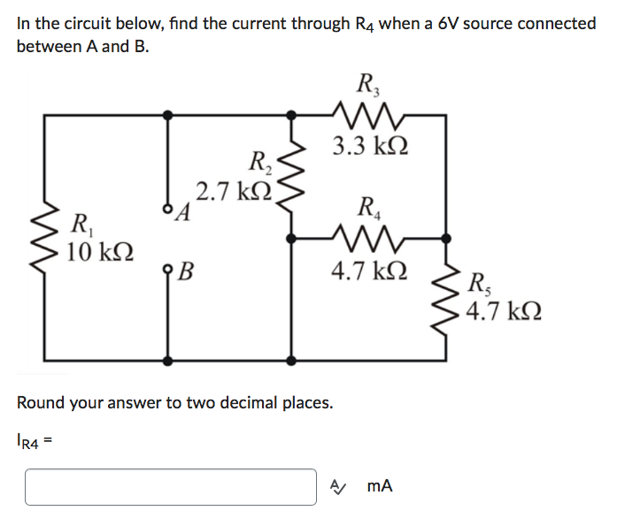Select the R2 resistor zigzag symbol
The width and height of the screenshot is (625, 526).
pos(291,178)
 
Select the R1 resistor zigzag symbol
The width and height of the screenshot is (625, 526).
pos(45,236)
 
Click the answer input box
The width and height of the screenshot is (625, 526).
pos(171,487)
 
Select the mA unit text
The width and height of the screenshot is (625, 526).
pos(379,486)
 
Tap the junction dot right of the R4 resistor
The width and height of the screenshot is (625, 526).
pos(445,237)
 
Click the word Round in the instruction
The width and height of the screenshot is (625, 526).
pos(41,403)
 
